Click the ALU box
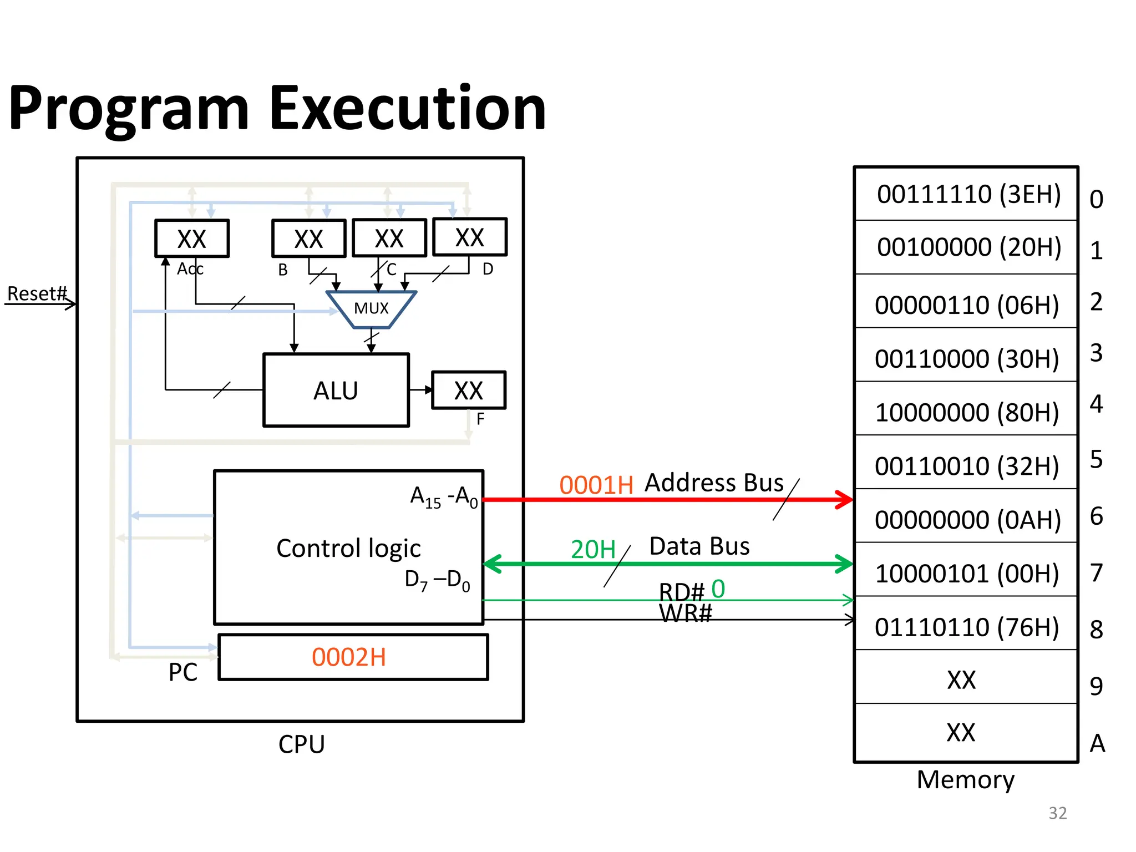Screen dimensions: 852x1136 [x=336, y=390]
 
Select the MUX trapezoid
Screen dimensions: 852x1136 [x=371, y=309]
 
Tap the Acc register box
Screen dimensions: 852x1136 [x=191, y=239]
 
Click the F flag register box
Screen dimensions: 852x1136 [x=468, y=390]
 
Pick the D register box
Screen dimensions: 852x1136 [x=469, y=237]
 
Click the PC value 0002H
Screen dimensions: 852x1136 [x=349, y=657]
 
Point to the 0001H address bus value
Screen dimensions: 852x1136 [x=596, y=485]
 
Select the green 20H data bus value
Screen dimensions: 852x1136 [x=593, y=550]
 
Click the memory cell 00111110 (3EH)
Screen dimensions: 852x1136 [x=968, y=194]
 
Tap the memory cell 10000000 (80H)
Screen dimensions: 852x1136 [x=967, y=412]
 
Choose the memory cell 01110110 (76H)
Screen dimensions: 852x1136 [x=967, y=627]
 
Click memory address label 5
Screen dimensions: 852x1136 [x=1096, y=459]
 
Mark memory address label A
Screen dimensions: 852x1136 [x=1097, y=743]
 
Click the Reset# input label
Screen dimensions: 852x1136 [x=37, y=293]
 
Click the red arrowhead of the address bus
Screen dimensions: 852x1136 [x=845, y=499]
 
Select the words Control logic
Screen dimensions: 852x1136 [x=348, y=548]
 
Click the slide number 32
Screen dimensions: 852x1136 [x=1057, y=813]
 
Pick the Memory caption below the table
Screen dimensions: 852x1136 [x=965, y=779]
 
